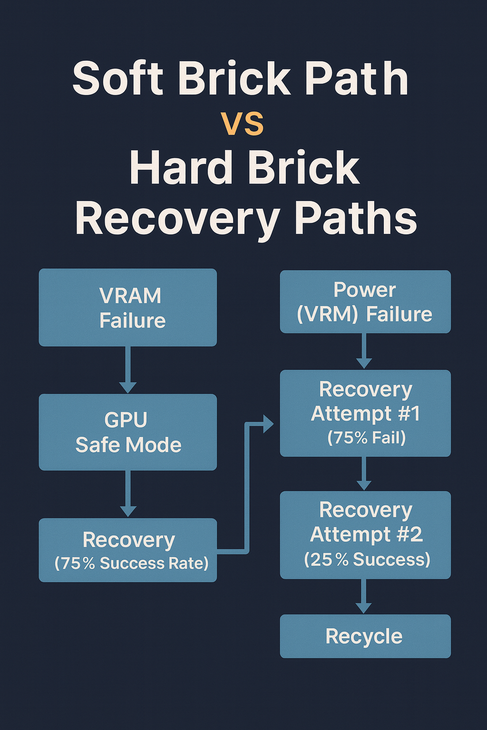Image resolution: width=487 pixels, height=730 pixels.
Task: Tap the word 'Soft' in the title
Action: (117, 78)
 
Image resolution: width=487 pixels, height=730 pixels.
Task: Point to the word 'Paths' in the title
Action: (356, 218)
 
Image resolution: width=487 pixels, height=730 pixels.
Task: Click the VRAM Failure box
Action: (127, 307)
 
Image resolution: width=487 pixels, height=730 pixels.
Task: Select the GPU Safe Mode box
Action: (127, 432)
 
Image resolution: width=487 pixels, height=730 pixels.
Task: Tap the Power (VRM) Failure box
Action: (365, 302)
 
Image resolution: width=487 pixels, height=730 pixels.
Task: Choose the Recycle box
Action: (365, 636)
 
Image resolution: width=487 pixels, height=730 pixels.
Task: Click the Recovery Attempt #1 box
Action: (365, 413)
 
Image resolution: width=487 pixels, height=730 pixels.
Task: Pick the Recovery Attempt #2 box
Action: (365, 535)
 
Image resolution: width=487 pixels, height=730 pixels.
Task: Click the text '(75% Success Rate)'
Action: (131, 563)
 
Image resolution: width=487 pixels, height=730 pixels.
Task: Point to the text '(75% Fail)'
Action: (366, 438)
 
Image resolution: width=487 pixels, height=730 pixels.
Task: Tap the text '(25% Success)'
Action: (367, 559)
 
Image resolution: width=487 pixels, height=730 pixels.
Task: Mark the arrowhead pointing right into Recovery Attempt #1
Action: (267, 423)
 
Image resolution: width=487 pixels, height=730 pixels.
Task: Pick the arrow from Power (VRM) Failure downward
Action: (364, 351)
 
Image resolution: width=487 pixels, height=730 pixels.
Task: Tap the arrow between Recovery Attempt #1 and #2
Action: (364, 473)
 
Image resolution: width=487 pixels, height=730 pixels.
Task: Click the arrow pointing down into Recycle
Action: (364, 596)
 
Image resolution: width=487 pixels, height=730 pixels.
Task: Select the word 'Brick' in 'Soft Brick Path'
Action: (234, 78)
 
